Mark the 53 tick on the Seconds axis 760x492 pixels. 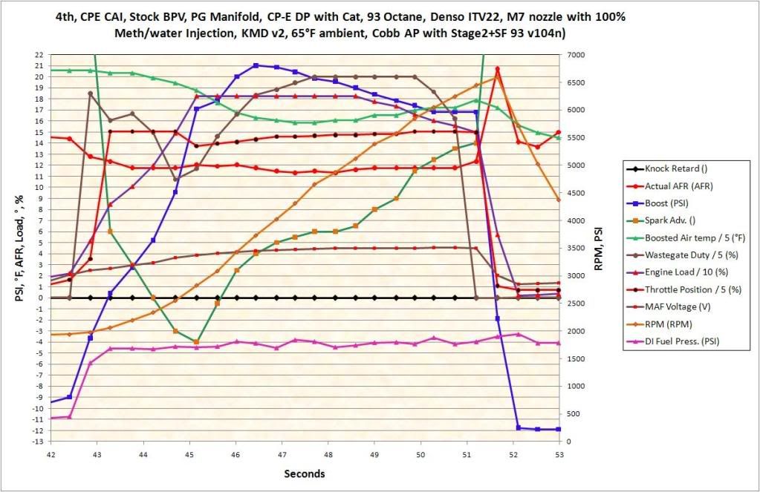tap(559, 453)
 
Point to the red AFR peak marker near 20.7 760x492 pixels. tap(497, 69)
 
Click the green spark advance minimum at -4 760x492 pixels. tap(196, 342)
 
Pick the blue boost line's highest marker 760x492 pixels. tap(256, 65)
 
